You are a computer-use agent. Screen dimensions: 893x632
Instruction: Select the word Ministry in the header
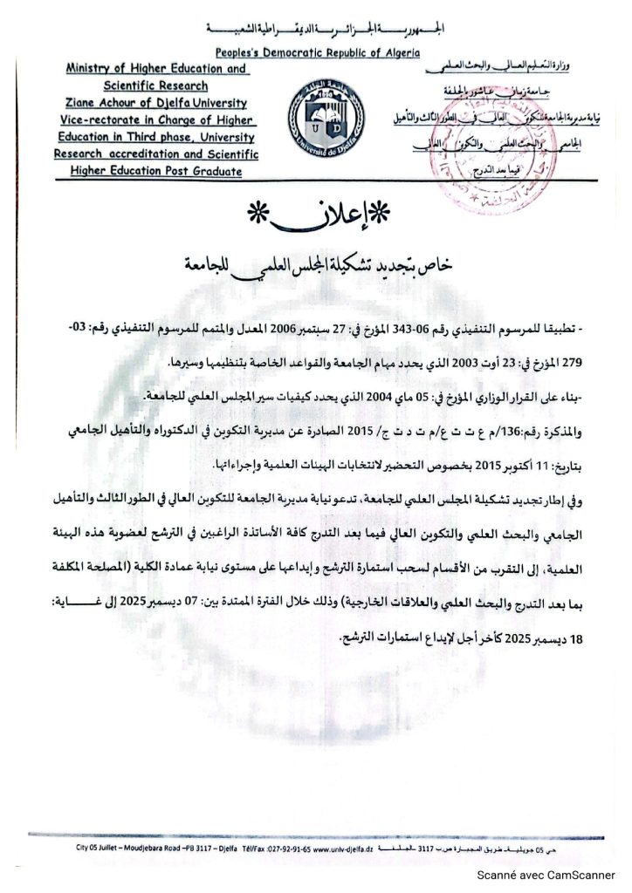pos(95,68)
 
